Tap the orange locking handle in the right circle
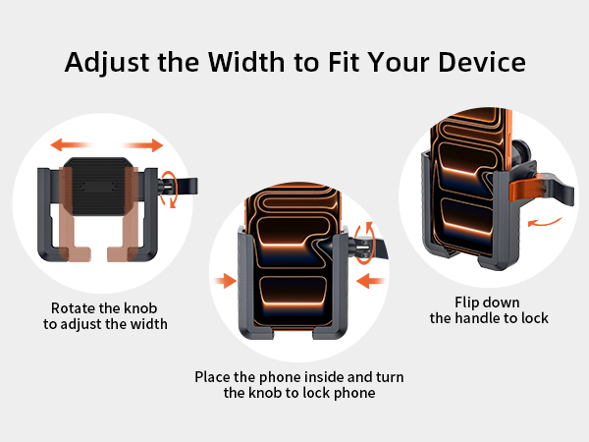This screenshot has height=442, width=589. [x=535, y=193]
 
